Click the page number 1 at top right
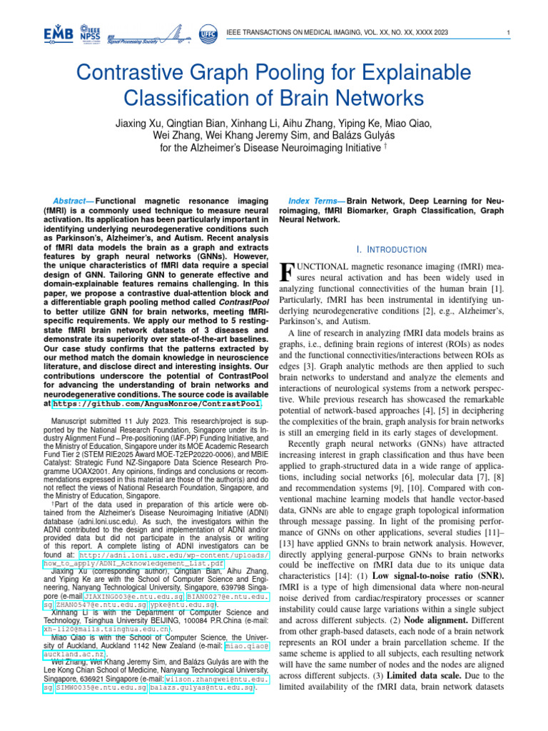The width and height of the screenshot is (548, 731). click(x=507, y=33)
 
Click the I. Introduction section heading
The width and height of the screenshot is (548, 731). click(x=390, y=249)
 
